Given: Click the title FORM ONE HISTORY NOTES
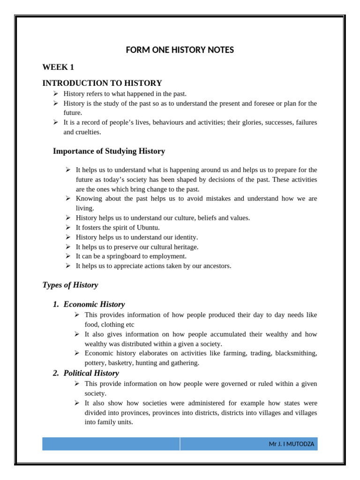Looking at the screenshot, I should [x=180, y=50].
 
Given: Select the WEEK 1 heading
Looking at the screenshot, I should [x=58, y=67].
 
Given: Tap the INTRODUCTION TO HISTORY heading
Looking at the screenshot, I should [x=102, y=83].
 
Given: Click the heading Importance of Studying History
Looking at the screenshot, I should [x=109, y=151].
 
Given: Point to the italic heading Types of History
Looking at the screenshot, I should [x=70, y=285].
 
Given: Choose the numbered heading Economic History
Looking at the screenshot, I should [x=94, y=304].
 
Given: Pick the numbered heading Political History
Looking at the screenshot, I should [x=91, y=373].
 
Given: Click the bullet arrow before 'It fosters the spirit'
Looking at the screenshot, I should [x=67, y=227].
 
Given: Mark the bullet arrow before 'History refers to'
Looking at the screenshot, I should [x=55, y=94].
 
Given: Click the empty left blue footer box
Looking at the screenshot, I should [x=111, y=444].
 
